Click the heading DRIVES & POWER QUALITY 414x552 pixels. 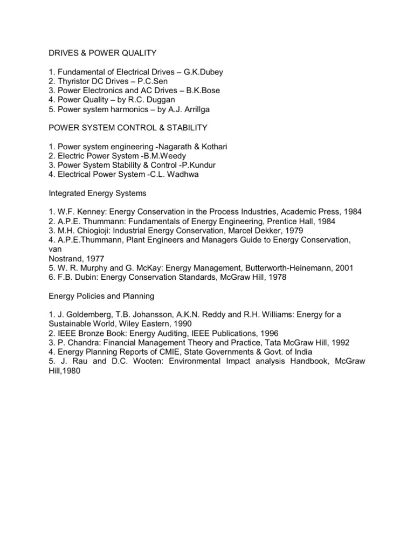click(95, 53)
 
